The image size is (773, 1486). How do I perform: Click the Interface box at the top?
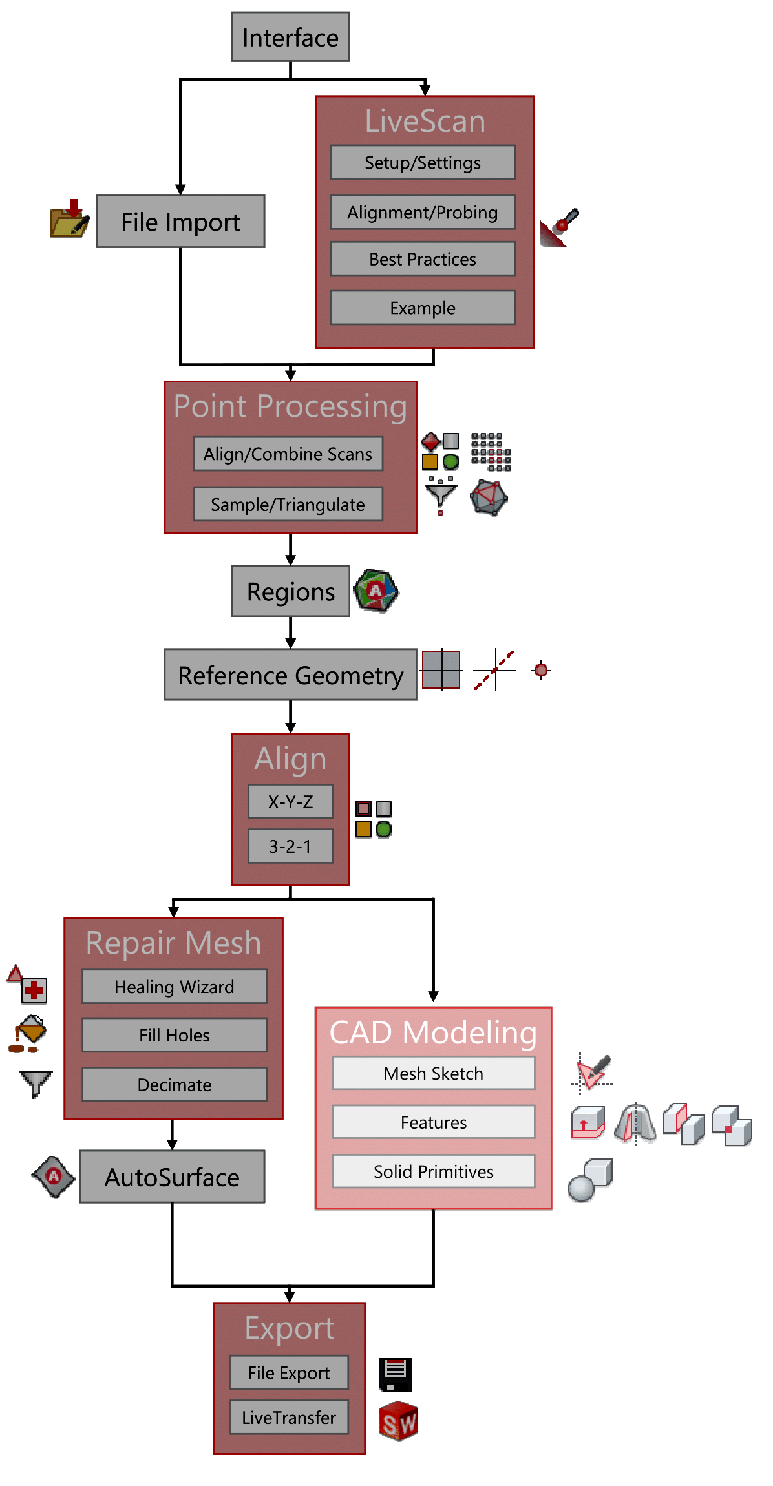[290, 37]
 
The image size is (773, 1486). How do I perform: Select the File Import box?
[180, 222]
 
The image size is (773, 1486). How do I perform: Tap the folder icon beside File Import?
[69, 220]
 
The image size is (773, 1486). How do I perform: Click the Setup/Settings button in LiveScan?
[423, 162]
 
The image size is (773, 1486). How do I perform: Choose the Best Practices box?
[423, 259]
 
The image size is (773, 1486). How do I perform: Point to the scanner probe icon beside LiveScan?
[559, 227]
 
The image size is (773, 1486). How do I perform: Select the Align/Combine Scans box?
[288, 454]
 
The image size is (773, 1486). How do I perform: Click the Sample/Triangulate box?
[288, 504]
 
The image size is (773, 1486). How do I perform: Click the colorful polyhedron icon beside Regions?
[376, 591]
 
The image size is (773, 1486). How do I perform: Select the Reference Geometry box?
[290, 675]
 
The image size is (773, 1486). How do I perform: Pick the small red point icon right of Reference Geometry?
[542, 670]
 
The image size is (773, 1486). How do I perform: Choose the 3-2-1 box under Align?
[290, 846]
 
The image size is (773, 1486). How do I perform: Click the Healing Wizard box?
[175, 987]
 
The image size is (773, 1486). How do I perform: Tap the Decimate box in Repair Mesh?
[175, 1085]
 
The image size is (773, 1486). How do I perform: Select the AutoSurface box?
[172, 1177]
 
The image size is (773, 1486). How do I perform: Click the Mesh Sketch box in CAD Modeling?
[434, 1073]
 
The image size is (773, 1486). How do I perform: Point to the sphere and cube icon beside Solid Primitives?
[590, 1180]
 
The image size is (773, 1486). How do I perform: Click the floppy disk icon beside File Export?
[396, 1374]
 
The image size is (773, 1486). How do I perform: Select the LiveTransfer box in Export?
[289, 1418]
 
